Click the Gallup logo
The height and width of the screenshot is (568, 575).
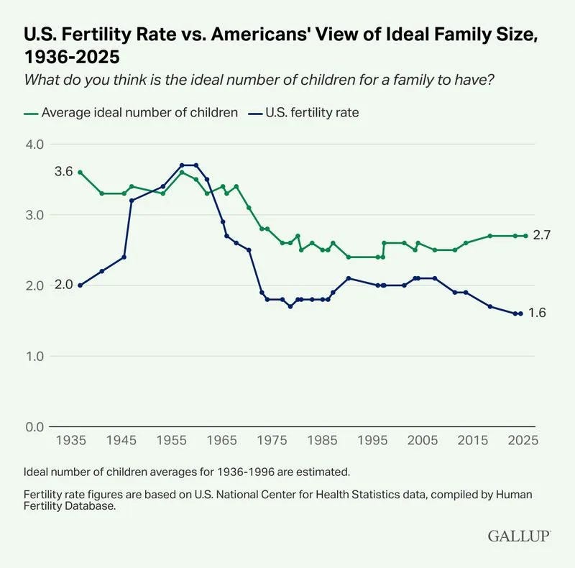point(519,536)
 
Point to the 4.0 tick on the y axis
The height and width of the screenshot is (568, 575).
point(35,145)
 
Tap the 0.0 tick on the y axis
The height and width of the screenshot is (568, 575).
point(35,427)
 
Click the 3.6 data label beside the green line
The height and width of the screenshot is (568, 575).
point(63,172)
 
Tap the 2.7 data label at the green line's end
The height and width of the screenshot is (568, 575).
point(542,236)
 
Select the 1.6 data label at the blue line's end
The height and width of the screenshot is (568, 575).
point(538,313)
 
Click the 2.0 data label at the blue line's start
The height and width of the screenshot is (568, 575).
point(63,285)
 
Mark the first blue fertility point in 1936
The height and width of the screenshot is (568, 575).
point(80,285)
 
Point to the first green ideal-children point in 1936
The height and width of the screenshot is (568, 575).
point(80,172)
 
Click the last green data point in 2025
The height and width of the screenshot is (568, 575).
point(525,236)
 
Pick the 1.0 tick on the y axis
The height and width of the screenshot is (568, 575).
point(35,357)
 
